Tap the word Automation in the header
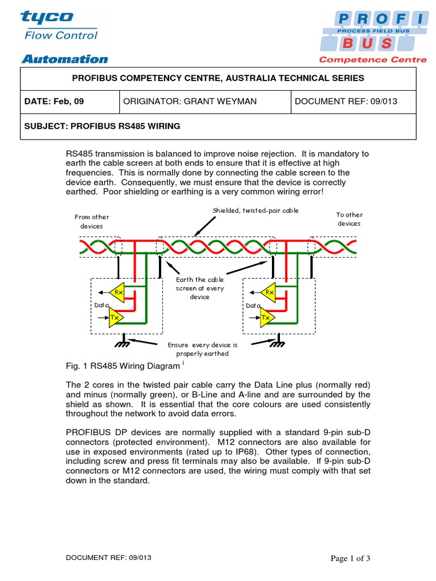coord(64,59)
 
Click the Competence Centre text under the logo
coord(372,59)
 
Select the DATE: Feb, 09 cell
coord(54,102)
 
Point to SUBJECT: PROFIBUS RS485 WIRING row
coord(102,126)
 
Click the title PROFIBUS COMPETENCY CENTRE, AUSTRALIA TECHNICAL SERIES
coord(219,78)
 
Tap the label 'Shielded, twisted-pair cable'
coord(255,210)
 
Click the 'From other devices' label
coord(92,221)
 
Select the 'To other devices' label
coord(349,219)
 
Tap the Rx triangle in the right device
coord(268,292)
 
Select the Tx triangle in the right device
coord(266,318)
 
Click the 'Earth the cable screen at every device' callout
coord(200,288)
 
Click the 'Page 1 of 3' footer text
coord(350,558)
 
